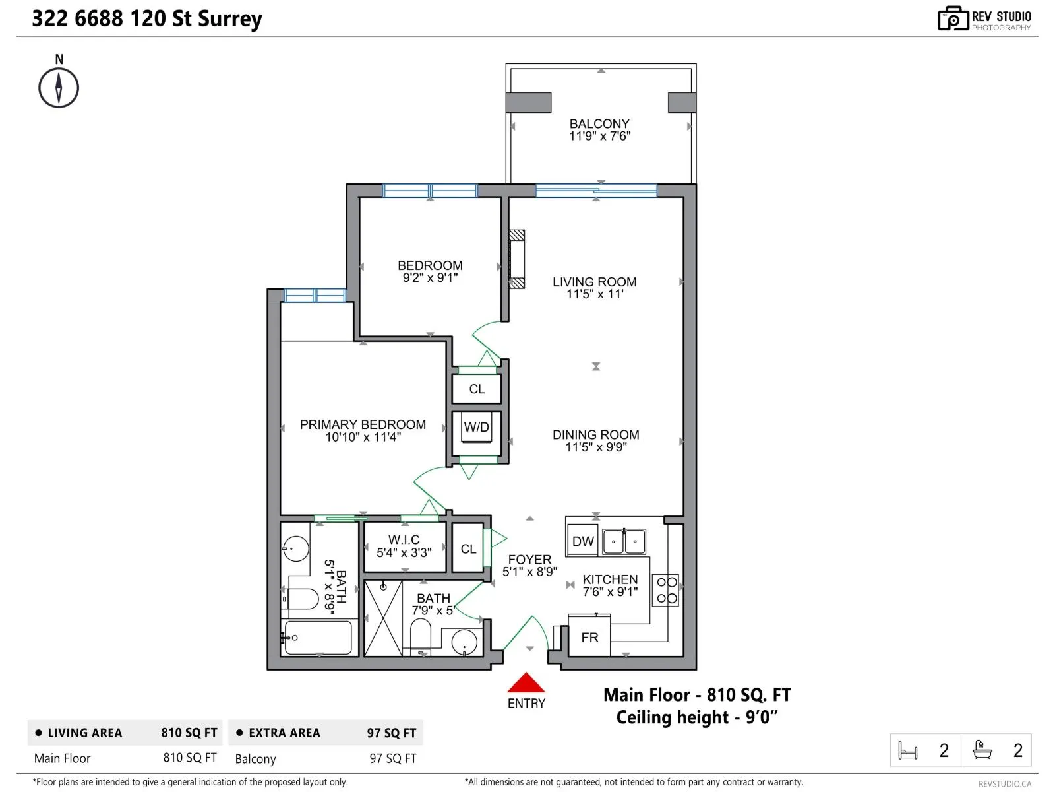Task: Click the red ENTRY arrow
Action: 526,683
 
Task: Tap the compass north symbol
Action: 59,87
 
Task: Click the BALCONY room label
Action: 599,124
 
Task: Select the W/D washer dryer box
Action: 477,428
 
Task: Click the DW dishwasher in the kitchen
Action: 582,541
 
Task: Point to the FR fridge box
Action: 589,637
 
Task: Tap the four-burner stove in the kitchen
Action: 666,590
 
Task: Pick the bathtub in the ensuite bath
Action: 318,638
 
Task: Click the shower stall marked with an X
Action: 383,618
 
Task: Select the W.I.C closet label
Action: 404,540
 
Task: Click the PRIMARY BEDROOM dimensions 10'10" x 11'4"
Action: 363,437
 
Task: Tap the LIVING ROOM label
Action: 594,282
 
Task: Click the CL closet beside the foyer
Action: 468,549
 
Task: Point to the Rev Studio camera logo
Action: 952,19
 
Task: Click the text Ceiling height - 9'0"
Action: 697,717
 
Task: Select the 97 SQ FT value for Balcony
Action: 392,758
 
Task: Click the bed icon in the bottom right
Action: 908,750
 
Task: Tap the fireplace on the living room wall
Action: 518,259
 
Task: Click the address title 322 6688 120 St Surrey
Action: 147,18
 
